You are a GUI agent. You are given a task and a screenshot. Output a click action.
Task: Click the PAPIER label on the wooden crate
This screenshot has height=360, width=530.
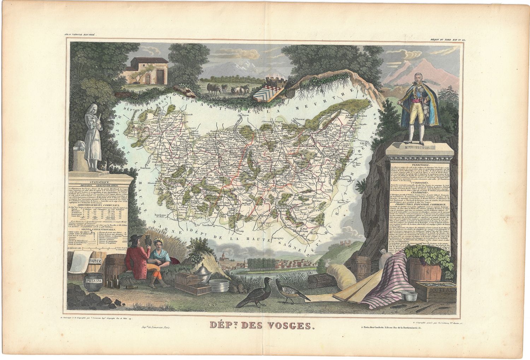(95, 261)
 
